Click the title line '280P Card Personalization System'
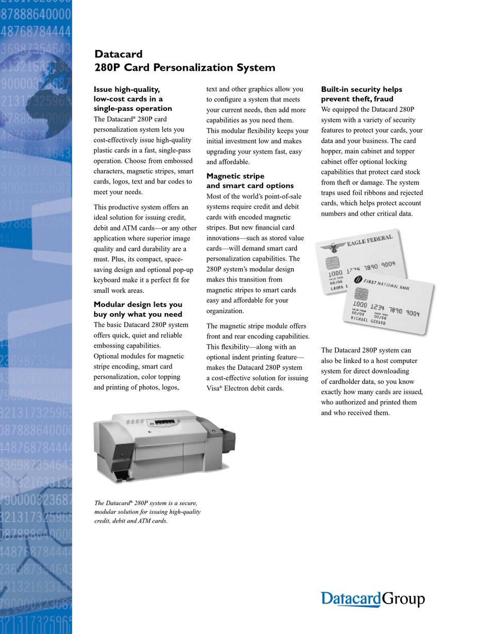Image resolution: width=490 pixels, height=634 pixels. pyautogui.click(x=184, y=68)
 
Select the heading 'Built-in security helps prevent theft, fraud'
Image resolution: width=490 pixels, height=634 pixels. pyautogui.click(x=361, y=94)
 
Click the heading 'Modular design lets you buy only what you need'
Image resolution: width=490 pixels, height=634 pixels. pyautogui.click(x=138, y=310)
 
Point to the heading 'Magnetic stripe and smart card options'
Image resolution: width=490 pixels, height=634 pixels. pyautogui.click(x=250, y=181)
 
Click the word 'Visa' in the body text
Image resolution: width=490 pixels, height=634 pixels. pyautogui.click(x=213, y=388)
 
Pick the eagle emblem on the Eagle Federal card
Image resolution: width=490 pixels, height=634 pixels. pyautogui.click(x=330, y=247)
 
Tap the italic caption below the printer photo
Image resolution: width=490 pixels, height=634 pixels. pyautogui.click(x=147, y=512)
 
